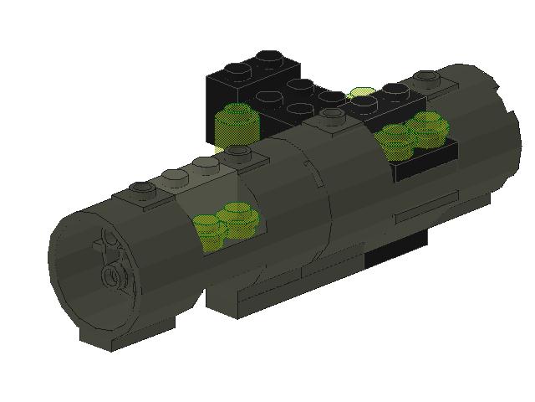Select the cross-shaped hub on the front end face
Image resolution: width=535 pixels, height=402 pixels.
(x=106, y=245)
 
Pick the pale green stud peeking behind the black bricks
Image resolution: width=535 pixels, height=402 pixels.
(x=362, y=92)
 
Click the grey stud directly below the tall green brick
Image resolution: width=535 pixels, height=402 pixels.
(x=239, y=152)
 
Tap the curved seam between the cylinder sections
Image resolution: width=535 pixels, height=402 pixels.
(x=322, y=193)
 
